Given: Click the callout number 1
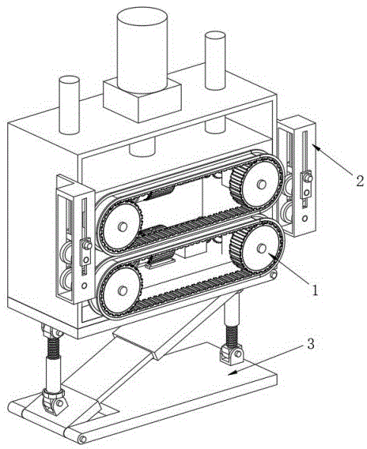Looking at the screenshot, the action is pyautogui.click(x=315, y=290).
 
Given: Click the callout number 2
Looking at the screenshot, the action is pyautogui.click(x=360, y=181).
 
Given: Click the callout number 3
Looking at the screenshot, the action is pyautogui.click(x=311, y=344).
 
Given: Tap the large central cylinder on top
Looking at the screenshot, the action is pyautogui.click(x=142, y=51).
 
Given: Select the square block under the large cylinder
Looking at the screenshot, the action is pyautogui.click(x=142, y=100).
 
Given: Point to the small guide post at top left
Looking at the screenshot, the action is pyautogui.click(x=69, y=105).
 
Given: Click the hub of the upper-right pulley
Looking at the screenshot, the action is pyautogui.click(x=261, y=185).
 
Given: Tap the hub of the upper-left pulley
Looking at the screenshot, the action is pyautogui.click(x=123, y=226).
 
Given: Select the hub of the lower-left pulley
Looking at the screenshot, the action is pyautogui.click(x=123, y=290).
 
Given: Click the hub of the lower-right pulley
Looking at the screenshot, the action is pyautogui.click(x=261, y=248).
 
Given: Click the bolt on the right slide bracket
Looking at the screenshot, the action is pyautogui.click(x=308, y=178).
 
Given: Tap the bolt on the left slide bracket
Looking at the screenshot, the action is pyautogui.click(x=87, y=245).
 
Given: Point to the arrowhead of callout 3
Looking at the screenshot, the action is pyautogui.click(x=231, y=372).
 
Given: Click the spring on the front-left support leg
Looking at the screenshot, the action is pyautogui.click(x=53, y=348).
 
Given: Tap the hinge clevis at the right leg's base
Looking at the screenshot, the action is pyautogui.click(x=231, y=354).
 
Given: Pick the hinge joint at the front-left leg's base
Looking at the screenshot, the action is pyautogui.click(x=55, y=402).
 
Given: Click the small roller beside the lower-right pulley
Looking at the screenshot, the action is pyautogui.click(x=274, y=275).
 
